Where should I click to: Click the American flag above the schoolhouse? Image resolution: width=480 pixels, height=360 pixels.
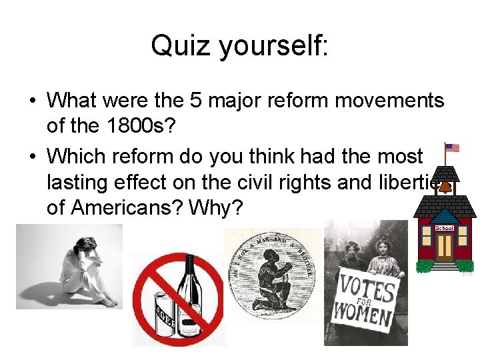tap(452, 148)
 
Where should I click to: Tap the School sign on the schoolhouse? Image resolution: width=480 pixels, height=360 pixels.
tap(444, 228)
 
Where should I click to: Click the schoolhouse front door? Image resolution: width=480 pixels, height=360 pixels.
tap(444, 247)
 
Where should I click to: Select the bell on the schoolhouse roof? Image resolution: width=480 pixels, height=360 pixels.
tap(443, 189)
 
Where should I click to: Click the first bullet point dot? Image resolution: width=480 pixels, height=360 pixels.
tap(32, 101)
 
